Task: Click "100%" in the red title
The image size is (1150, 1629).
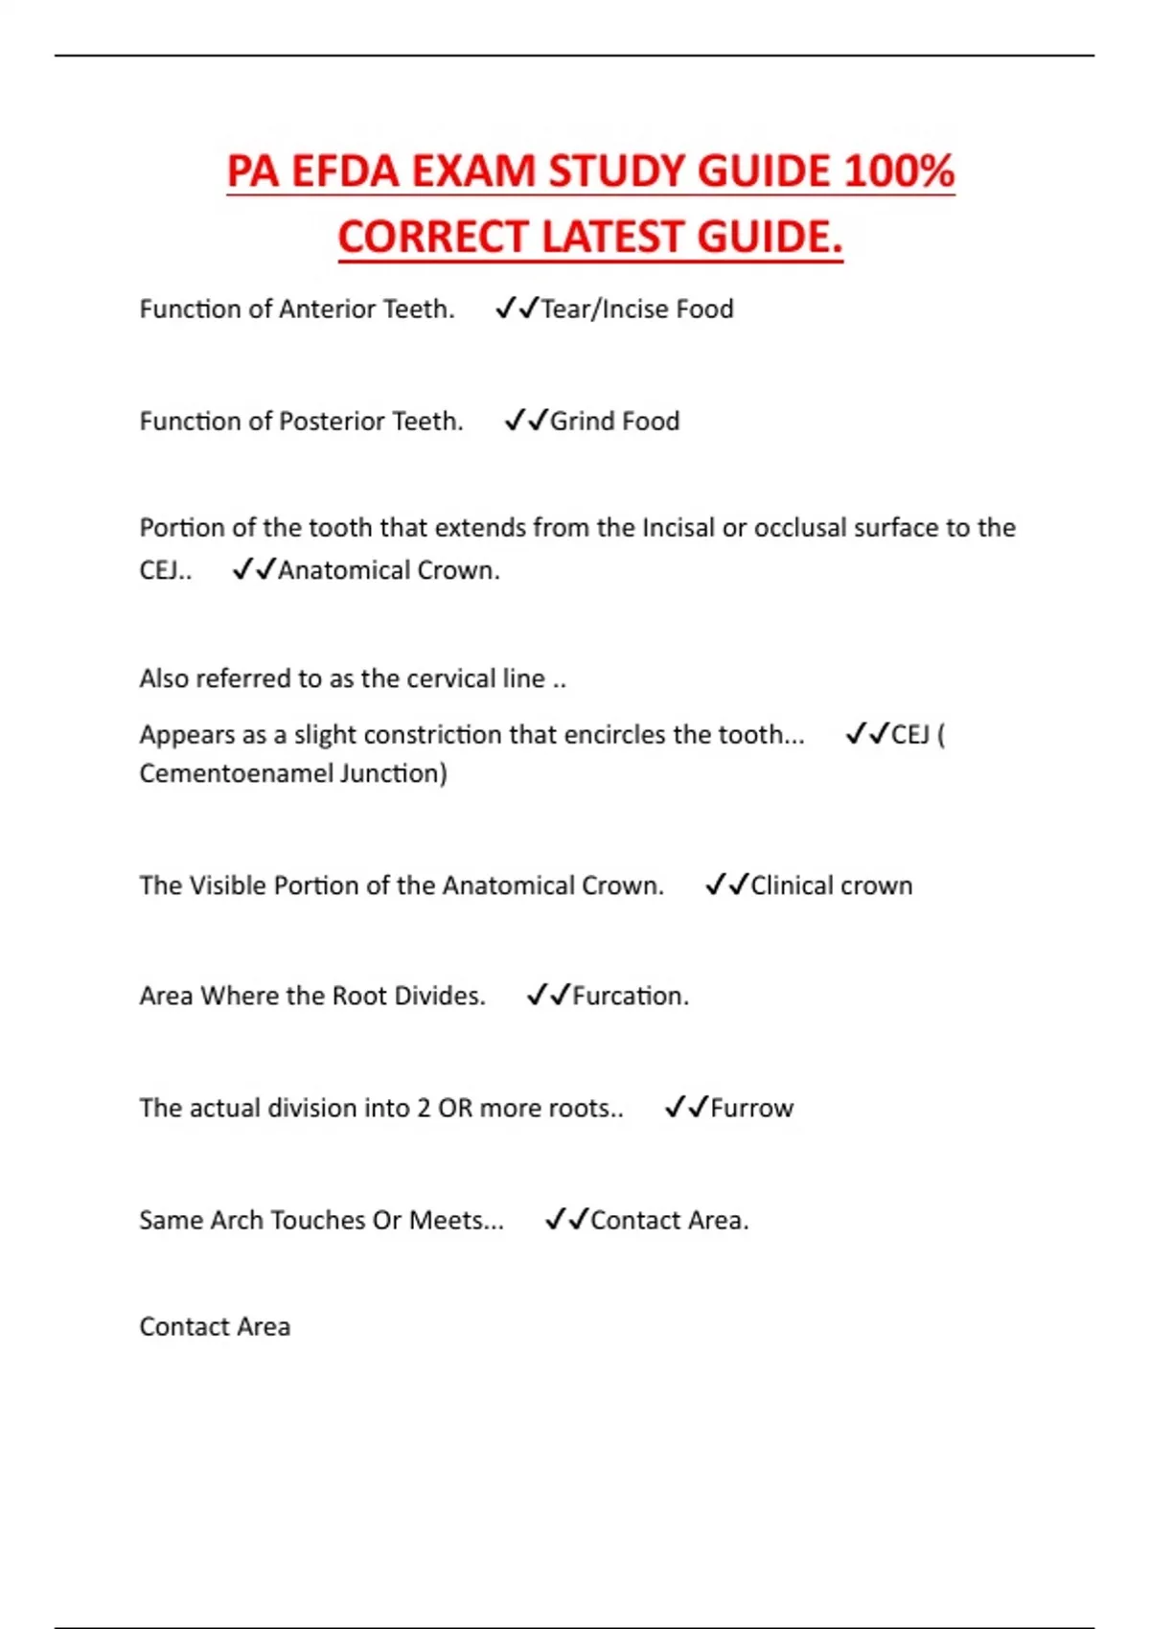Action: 899,172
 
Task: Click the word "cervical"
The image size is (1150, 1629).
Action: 450,678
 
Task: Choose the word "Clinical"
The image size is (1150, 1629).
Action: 792,885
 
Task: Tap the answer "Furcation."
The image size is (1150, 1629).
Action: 631,997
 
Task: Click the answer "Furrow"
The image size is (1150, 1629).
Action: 751,1108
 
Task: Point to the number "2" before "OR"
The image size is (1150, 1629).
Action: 424,1108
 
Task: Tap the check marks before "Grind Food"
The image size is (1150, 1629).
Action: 526,421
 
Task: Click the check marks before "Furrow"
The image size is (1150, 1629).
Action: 686,1108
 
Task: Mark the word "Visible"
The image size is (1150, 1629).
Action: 228,885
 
